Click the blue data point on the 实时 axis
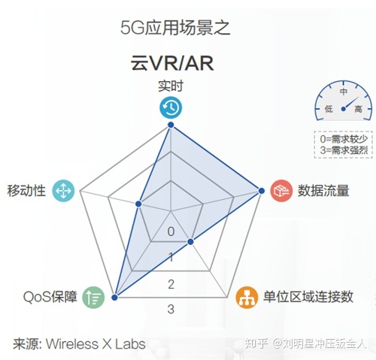171,125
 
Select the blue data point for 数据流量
262,191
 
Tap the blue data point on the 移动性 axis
138,204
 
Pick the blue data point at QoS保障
114,298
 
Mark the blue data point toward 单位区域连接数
190,242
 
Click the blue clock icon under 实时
171,107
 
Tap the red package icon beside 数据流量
281,191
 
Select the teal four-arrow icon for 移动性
63,191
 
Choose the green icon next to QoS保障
93,298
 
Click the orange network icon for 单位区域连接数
247,298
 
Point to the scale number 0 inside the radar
171,231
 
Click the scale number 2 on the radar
171,284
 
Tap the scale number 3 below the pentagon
171,309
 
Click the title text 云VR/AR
172,63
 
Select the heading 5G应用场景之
175,28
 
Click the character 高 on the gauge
358,109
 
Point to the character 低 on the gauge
329,109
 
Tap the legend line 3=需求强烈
344,150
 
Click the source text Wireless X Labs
96,344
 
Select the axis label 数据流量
323,191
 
